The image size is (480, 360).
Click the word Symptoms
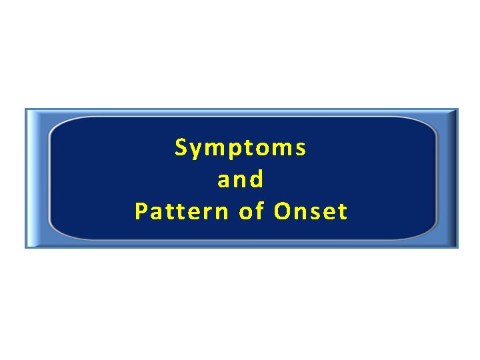tap(241, 148)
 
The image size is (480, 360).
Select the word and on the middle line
tap(241, 179)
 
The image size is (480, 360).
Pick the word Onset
tap(311, 212)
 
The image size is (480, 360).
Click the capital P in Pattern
tap(141, 212)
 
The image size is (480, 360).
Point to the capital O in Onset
tap(283, 212)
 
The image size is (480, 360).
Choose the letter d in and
tap(257, 179)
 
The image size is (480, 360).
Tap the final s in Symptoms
tap(301, 149)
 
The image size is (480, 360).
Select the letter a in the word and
tap(223, 181)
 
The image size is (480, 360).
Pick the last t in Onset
tap(343, 213)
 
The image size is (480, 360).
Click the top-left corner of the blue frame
tap(26, 109)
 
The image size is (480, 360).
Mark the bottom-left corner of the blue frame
tap(26, 247)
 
